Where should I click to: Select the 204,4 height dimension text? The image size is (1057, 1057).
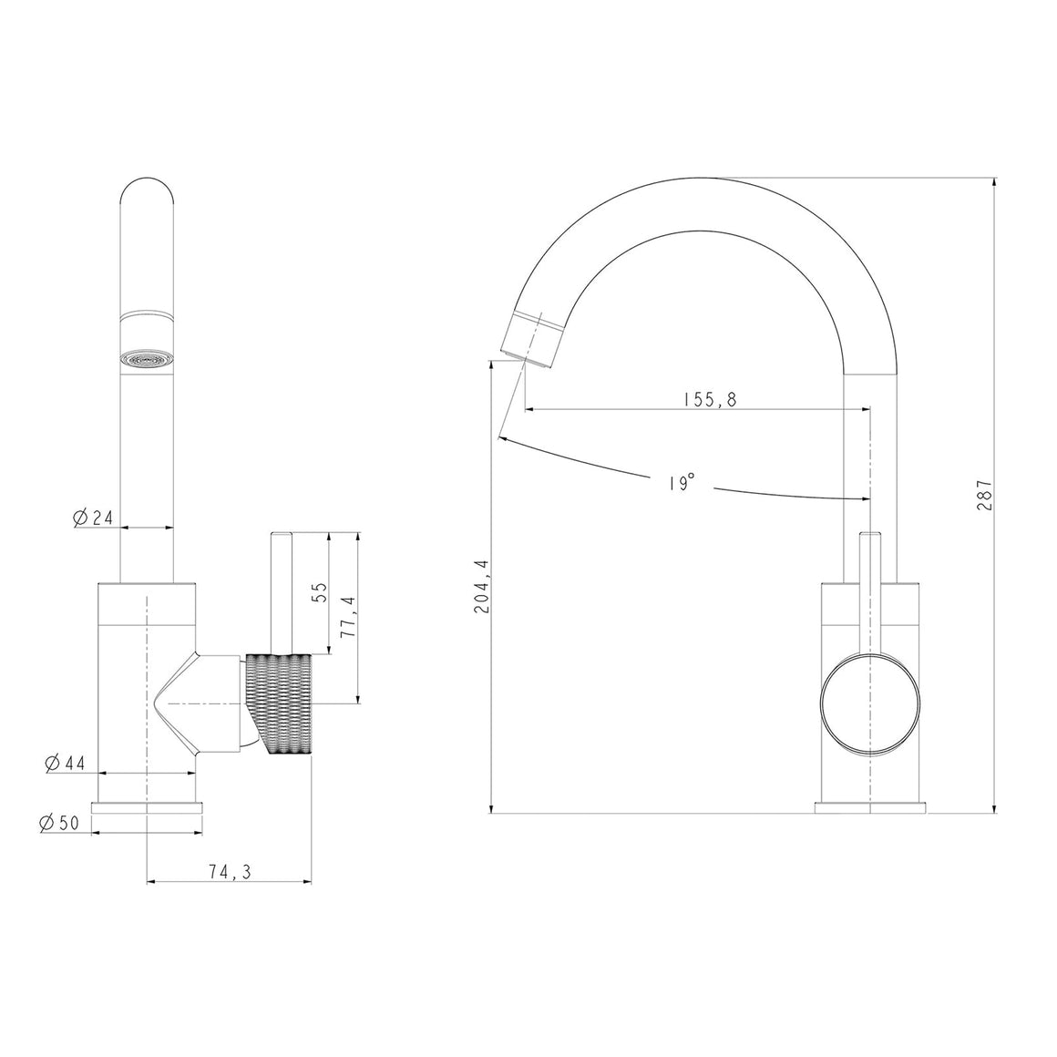pos(482,587)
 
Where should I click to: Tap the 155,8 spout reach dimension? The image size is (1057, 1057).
pos(707,399)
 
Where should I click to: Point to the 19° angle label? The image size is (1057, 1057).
pos(682,483)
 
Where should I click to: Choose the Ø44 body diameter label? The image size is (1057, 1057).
pos(65,763)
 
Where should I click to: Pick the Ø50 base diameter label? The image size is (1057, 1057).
pos(59,823)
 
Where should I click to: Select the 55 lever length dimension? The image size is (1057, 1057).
pos(320,592)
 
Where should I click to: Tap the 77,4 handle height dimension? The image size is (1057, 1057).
pos(348,617)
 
